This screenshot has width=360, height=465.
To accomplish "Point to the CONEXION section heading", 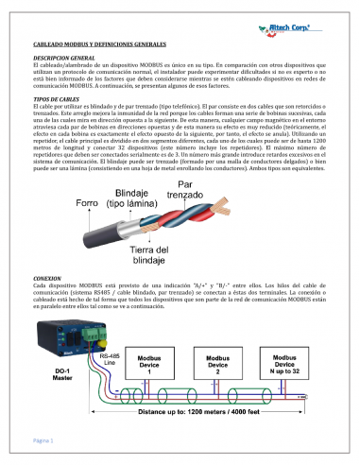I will [47, 278].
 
